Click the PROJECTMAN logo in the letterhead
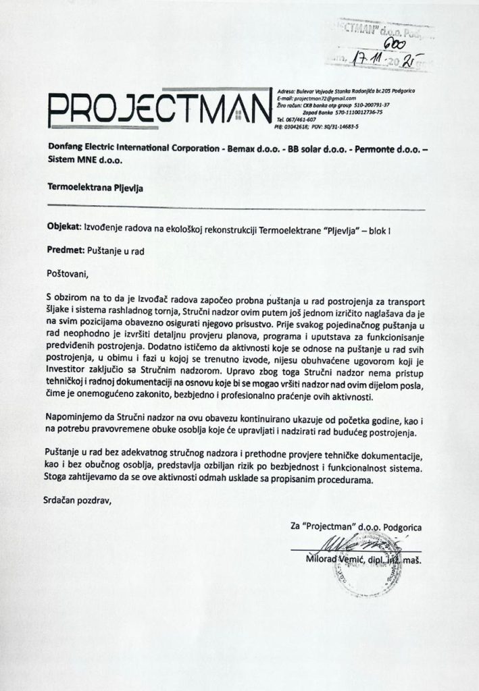[x=159, y=109]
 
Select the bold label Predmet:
[x=66, y=250]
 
